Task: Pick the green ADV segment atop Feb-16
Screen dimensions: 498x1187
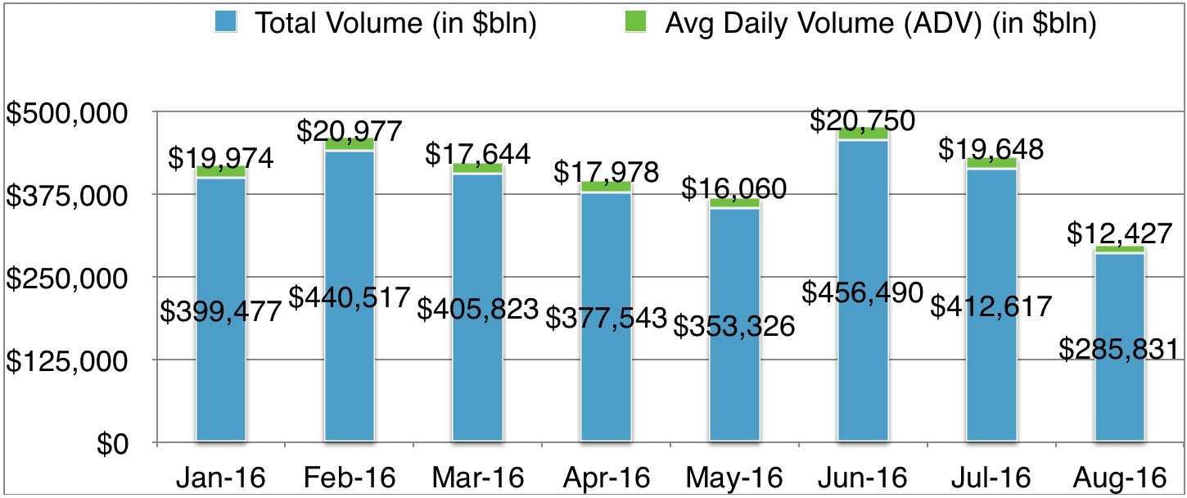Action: [x=349, y=144]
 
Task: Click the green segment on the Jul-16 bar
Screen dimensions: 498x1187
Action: [x=991, y=163]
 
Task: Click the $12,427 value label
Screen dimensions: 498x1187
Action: [x=1119, y=235]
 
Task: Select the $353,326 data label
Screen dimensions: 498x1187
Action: [x=734, y=325]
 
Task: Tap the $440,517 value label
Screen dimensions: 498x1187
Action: [x=349, y=298]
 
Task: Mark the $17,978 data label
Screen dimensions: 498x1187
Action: [x=606, y=173]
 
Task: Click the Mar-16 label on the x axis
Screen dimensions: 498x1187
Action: [x=477, y=477]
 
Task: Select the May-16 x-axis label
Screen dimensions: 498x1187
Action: [x=734, y=477]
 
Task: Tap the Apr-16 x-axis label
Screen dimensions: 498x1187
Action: [x=606, y=477]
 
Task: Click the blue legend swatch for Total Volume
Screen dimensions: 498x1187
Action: [x=226, y=22]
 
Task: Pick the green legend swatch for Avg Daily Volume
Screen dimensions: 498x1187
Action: [x=635, y=22]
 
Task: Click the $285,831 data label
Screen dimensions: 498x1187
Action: [x=1119, y=350]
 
